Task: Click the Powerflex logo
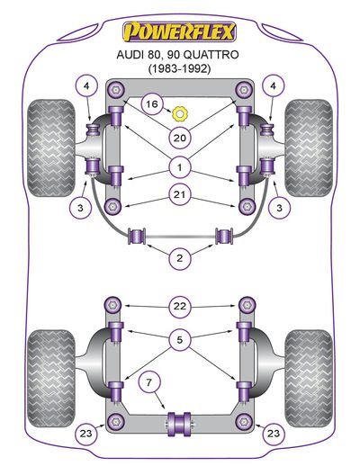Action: (x=180, y=31)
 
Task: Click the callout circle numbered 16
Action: (x=152, y=104)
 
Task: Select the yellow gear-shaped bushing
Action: (x=179, y=114)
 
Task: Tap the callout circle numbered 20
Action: (x=180, y=138)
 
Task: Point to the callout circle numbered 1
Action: (x=180, y=167)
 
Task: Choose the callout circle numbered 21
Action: (x=180, y=195)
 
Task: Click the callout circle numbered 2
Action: (x=180, y=258)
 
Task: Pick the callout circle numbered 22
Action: (x=180, y=307)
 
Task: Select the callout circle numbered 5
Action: (x=180, y=340)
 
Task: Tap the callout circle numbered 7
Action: (x=149, y=382)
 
